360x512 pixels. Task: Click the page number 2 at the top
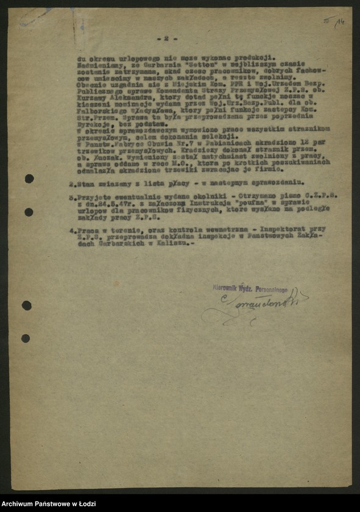pos(165,38)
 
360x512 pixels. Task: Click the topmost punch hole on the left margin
pos(29,179)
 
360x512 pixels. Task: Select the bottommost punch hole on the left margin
pos(26,338)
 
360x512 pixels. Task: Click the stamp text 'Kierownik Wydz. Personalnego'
pos(250,288)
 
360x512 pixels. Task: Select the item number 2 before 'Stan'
pos(71,182)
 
